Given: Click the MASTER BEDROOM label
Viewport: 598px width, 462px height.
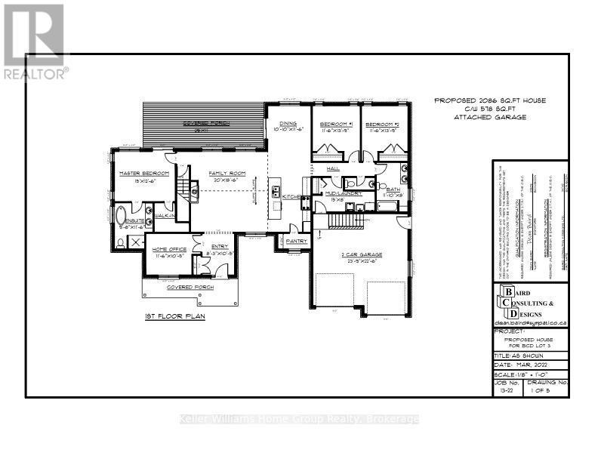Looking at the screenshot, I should tap(137, 174).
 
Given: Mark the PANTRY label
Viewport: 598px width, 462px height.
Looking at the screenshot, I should tap(296, 241).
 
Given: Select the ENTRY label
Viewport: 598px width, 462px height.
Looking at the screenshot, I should tap(220, 245).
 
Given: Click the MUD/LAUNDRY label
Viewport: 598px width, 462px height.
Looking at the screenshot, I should tap(344, 193).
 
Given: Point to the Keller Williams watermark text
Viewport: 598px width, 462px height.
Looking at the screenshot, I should tap(298, 419).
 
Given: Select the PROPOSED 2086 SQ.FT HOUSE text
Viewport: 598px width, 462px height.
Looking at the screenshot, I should tap(490, 100).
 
